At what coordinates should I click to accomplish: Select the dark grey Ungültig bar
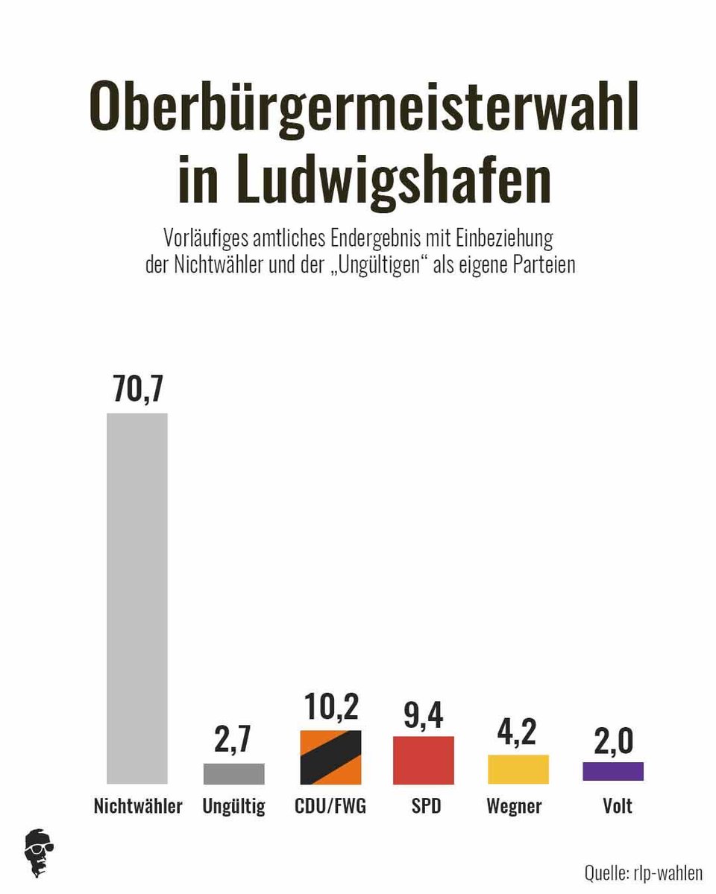pyautogui.click(x=233, y=773)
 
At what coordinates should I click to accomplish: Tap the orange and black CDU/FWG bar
pyautogui.click(x=330, y=757)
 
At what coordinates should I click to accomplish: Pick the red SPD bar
pyautogui.click(x=423, y=760)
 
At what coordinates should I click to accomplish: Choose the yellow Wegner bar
pyautogui.click(x=518, y=769)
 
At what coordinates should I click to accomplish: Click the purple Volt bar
pyautogui.click(x=612, y=771)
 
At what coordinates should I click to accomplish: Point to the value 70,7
pyautogui.click(x=137, y=390)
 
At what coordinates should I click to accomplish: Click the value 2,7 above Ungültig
pyautogui.click(x=233, y=739)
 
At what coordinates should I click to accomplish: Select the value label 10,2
pyautogui.click(x=330, y=707)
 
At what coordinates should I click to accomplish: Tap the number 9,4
pyautogui.click(x=423, y=714)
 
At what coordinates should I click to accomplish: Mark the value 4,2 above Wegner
pyautogui.click(x=518, y=732)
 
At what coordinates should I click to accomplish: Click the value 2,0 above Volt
pyautogui.click(x=612, y=741)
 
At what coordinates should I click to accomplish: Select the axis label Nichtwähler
pyautogui.click(x=138, y=806)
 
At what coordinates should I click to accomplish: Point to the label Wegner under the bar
pyautogui.click(x=514, y=806)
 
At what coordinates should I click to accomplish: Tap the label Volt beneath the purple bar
pyautogui.click(x=618, y=806)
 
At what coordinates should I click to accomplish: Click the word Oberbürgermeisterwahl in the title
pyautogui.click(x=364, y=110)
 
